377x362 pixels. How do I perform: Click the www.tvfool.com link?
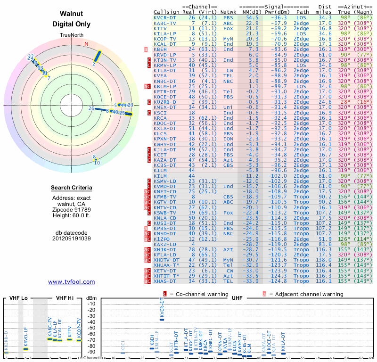(71, 282)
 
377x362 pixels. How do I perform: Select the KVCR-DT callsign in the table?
(166, 17)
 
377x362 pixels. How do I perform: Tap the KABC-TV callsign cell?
(165, 23)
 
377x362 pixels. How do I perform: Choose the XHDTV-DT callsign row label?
(167, 260)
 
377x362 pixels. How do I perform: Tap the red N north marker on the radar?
(86, 44)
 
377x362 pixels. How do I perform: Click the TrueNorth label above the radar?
(71, 36)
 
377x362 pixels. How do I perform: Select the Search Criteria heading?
(71, 188)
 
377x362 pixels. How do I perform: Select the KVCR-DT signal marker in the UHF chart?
(162, 320)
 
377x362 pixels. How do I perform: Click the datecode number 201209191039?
(71, 238)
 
